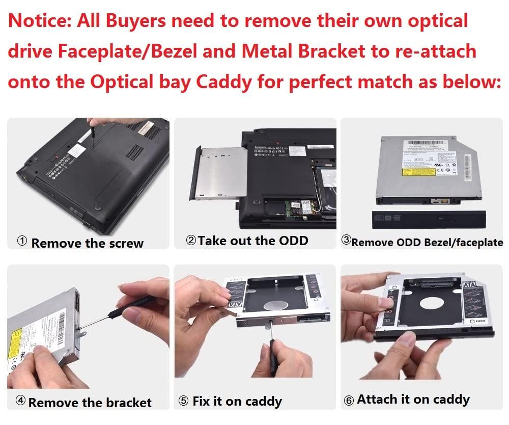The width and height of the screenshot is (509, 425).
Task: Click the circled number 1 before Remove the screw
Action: pos(22,242)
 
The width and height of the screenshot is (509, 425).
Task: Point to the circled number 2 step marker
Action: pos(191,240)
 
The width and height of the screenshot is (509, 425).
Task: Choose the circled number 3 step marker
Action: pos(346,240)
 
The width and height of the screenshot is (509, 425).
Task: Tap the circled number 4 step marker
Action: pos(20,401)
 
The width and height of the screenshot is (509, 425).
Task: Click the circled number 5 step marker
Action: pos(183,401)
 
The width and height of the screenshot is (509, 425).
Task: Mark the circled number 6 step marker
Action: pos(349,401)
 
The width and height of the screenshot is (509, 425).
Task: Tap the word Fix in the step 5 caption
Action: pos(202,401)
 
